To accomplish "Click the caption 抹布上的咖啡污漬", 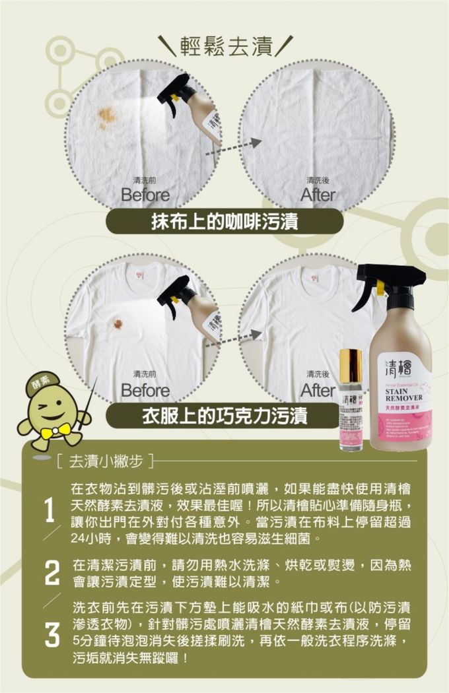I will tap(224, 222).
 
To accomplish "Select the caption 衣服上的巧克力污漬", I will tap(224, 416).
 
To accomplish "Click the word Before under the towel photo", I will tap(145, 195).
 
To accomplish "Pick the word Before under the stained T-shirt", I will tap(145, 390).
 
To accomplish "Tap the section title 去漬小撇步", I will tap(106, 457).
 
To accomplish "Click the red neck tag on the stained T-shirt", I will tap(139, 271).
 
